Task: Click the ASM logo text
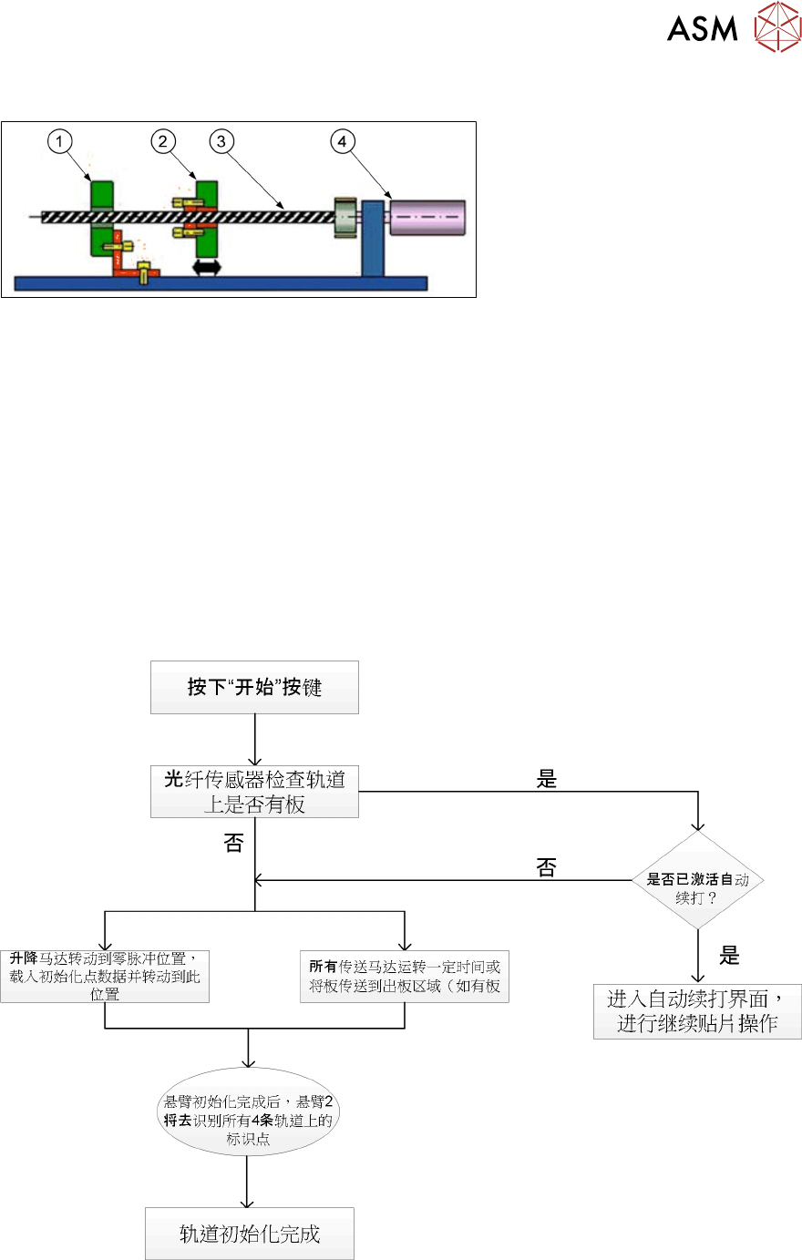[x=702, y=28]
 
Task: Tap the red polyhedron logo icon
[x=776, y=26]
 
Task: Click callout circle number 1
[x=60, y=141]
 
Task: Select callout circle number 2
[x=163, y=141]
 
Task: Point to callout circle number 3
[x=221, y=141]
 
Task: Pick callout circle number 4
[x=343, y=141]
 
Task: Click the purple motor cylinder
[x=427, y=218]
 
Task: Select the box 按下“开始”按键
[x=254, y=687]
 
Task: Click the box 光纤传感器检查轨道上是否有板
[x=254, y=791]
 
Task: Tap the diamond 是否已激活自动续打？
[x=697, y=881]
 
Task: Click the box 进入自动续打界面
[x=697, y=1011]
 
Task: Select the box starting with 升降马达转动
[x=105, y=976]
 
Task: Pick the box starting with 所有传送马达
[x=404, y=976]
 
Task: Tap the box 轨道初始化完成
[x=250, y=1234]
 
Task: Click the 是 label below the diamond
[x=729, y=956]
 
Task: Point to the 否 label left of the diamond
[x=546, y=867]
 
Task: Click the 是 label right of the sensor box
[x=547, y=779]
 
